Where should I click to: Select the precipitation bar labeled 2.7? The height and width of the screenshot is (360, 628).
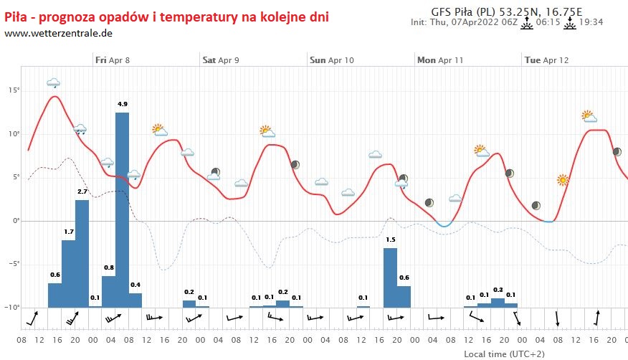[x=82, y=253]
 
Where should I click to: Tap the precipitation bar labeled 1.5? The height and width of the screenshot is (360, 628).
[x=390, y=277]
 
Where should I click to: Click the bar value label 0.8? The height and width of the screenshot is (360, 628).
[x=109, y=268]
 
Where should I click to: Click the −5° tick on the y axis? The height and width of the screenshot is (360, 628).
[x=11, y=264]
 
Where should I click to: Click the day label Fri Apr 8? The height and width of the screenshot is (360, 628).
[x=113, y=60]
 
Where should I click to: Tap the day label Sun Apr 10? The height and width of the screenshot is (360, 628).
[x=332, y=60]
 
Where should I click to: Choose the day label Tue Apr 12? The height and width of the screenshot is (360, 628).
[x=546, y=60]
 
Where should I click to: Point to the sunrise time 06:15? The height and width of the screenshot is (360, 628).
[x=548, y=22]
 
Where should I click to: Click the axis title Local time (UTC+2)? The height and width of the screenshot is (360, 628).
[x=498, y=354]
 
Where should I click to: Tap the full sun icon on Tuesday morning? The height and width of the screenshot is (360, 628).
[x=563, y=180]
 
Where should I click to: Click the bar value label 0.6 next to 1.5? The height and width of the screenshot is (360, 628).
[x=404, y=278]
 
